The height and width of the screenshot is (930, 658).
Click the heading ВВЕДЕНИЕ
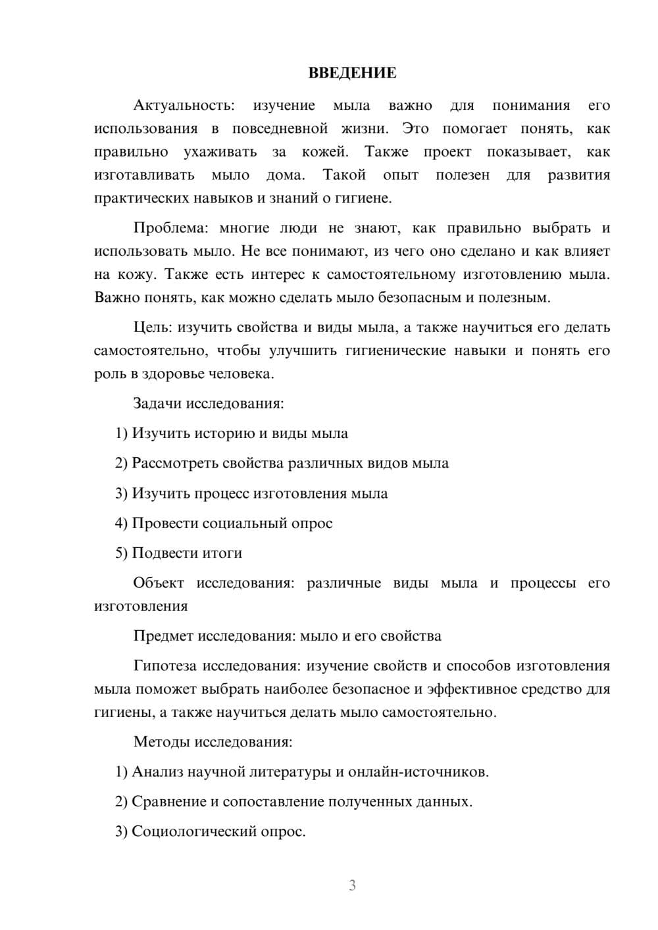tap(352, 73)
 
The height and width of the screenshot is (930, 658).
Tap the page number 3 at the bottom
tap(352, 885)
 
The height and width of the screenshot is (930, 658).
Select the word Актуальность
tap(184, 105)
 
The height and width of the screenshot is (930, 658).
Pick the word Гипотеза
tap(164, 666)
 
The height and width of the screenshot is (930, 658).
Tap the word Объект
tap(159, 583)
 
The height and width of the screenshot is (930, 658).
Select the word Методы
tap(161, 742)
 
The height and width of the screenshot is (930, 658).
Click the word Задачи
tap(157, 403)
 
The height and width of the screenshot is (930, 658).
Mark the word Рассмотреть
tap(175, 463)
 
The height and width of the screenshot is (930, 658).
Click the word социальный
tap(242, 524)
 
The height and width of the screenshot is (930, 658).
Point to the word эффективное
tap(474, 689)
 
